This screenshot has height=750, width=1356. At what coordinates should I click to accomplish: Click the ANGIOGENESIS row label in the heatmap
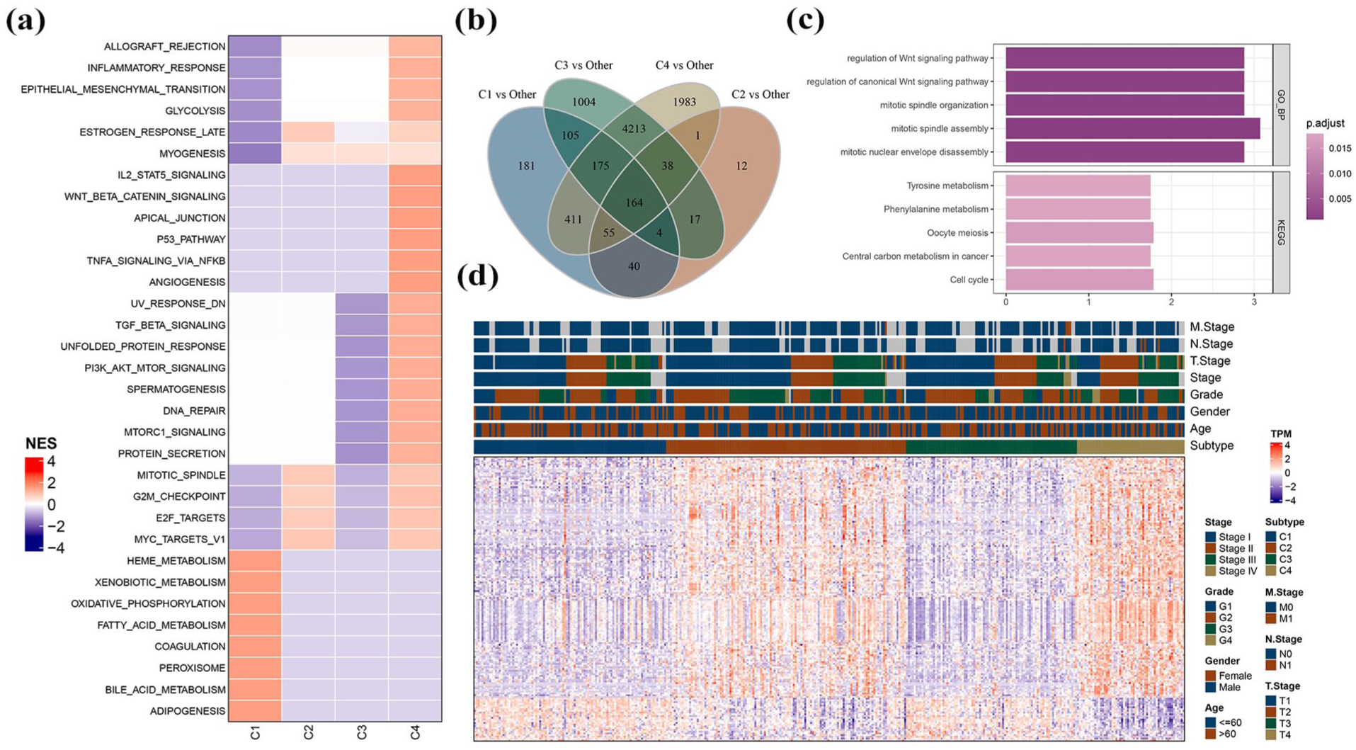(187, 282)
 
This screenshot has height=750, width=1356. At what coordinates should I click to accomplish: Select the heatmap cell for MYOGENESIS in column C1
(255, 154)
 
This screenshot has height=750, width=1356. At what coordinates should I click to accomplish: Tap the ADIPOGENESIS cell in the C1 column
(255, 711)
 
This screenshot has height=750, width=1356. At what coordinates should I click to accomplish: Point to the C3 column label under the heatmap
(362, 732)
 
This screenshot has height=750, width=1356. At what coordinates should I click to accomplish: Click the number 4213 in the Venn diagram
(634, 129)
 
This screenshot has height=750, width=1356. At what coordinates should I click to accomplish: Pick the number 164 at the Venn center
(634, 203)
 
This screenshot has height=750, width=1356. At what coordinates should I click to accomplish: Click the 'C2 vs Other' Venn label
(760, 94)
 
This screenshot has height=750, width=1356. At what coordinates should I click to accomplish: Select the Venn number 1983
(685, 102)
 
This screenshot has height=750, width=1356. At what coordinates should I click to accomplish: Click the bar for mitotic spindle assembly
(1133, 128)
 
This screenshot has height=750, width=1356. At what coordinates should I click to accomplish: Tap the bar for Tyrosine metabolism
(1078, 186)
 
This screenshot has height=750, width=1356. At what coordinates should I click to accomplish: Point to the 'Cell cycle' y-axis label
(969, 280)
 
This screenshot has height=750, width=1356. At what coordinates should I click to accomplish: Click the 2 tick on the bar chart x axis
(1171, 302)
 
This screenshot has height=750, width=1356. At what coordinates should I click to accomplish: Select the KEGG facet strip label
(1281, 232)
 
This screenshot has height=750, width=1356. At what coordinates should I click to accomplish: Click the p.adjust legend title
(1326, 123)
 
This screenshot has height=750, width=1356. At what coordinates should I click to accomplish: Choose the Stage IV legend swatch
(1210, 571)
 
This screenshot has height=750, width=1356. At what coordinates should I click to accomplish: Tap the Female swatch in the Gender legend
(1210, 676)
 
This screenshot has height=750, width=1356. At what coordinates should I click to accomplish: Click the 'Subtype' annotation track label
(1212, 445)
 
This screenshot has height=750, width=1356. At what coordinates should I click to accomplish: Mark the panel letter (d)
(477, 275)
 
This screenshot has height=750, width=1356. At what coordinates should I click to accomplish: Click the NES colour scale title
(41, 443)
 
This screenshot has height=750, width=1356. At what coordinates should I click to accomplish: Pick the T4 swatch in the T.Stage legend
(1270, 734)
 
